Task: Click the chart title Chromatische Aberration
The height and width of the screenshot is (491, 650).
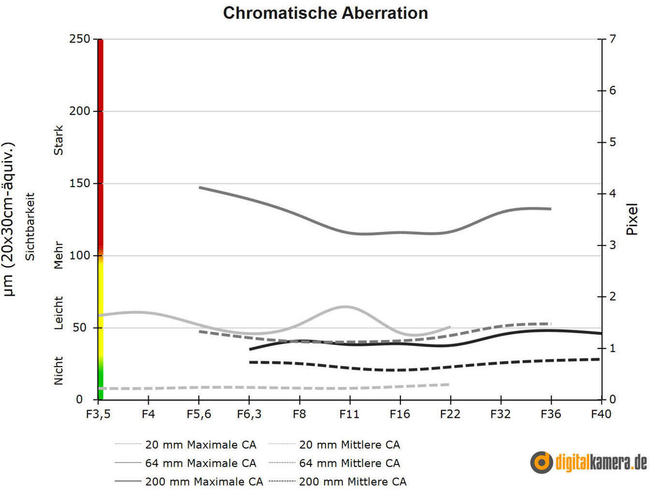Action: click(325, 13)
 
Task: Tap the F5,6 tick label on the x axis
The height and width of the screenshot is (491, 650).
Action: click(199, 414)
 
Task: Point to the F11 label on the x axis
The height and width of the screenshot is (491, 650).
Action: click(349, 414)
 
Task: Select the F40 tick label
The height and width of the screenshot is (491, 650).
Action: click(601, 414)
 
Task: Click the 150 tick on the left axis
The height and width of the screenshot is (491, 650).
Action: click(80, 183)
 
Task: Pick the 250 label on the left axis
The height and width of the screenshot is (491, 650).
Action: click(80, 39)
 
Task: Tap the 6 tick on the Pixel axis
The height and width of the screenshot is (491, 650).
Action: click(613, 91)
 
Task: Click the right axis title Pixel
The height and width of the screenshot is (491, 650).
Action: click(632, 219)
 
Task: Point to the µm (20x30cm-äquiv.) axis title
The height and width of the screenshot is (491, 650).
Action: click(8, 219)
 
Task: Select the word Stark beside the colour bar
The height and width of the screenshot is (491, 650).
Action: click(58, 140)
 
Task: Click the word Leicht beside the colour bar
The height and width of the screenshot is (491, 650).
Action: click(58, 313)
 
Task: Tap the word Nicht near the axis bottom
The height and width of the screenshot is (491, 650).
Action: click(58, 371)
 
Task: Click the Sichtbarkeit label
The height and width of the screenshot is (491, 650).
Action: click(30, 227)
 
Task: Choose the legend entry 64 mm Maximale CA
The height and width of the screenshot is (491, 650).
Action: click(185, 463)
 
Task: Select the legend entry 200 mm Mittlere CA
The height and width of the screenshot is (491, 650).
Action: click(338, 482)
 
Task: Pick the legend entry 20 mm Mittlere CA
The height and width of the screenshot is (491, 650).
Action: click(334, 445)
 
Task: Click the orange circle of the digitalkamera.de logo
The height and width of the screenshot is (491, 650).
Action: click(541, 462)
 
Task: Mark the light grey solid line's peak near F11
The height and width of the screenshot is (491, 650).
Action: click(345, 306)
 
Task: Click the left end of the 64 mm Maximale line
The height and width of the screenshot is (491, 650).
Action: click(200, 188)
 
